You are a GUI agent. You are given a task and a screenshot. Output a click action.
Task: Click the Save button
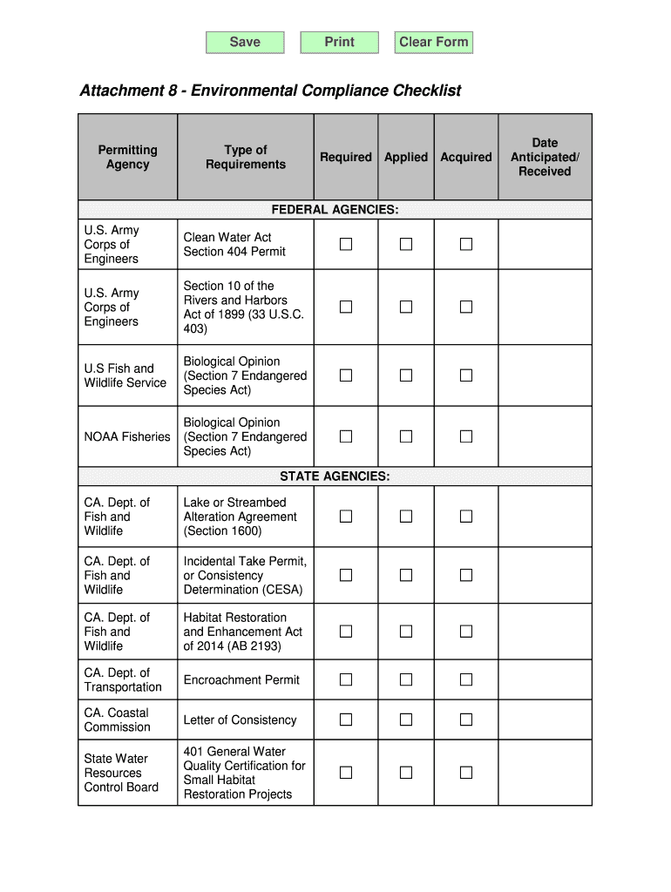(245, 42)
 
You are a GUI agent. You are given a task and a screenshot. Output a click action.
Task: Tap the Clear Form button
(433, 42)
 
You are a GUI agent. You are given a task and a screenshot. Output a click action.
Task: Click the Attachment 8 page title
(270, 91)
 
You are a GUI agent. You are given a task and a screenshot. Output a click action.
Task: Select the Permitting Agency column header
(128, 158)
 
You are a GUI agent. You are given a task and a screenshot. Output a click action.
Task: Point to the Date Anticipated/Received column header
(545, 158)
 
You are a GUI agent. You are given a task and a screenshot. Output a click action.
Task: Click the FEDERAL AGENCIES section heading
(335, 210)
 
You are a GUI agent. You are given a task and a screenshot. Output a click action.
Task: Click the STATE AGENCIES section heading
(335, 476)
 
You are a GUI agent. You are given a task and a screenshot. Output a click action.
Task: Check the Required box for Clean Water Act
(346, 245)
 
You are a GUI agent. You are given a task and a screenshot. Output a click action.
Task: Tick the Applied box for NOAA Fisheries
(406, 436)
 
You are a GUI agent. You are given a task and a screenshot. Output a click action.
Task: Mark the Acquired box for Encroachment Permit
(466, 679)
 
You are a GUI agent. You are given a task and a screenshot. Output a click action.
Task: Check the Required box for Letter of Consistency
(346, 720)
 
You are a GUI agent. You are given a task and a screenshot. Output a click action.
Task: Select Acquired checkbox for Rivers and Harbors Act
(466, 307)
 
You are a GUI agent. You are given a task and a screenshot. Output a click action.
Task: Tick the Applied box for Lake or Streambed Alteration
(406, 517)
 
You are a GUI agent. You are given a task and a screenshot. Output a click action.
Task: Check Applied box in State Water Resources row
(406, 773)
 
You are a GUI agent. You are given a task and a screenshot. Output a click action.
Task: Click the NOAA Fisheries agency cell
(127, 436)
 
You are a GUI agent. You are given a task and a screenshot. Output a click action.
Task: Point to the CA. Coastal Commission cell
(118, 720)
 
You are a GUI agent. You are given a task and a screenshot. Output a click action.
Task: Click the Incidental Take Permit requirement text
(245, 576)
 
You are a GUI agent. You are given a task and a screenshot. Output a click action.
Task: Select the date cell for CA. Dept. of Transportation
(545, 679)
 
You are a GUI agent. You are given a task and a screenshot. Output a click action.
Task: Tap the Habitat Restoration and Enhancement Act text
(243, 632)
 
